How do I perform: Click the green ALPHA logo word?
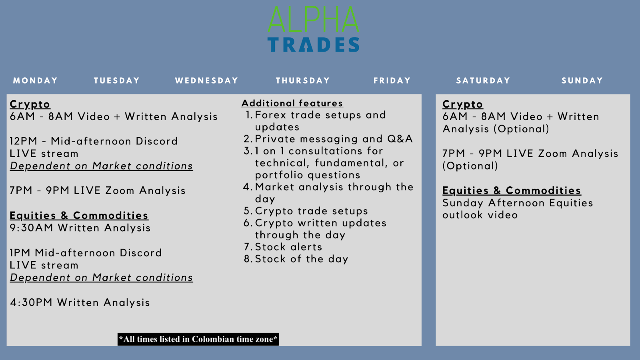click(313, 20)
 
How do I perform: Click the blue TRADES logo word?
click(313, 45)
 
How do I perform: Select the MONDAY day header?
click(35, 81)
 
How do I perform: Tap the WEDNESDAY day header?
click(206, 81)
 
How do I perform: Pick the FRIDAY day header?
click(392, 81)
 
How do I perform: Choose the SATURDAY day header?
click(483, 81)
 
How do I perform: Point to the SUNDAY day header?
click(582, 81)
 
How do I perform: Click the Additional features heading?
click(292, 104)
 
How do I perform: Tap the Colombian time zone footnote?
click(198, 339)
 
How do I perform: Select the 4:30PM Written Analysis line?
click(80, 303)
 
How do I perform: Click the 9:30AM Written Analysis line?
click(80, 228)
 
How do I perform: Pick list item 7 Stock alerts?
click(288, 247)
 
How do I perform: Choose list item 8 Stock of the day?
click(301, 259)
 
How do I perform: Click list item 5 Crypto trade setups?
click(311, 211)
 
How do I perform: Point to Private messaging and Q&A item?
click(333, 139)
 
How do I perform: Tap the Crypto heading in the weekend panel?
click(462, 104)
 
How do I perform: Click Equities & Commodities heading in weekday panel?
click(79, 216)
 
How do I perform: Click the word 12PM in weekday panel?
click(24, 142)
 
